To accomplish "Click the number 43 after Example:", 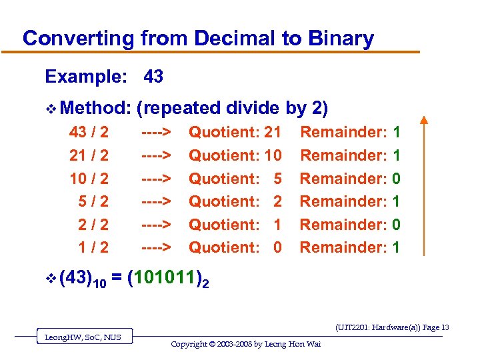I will click(153, 77).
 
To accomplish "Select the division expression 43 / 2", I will click(89, 133).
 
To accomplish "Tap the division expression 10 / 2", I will click(89, 179).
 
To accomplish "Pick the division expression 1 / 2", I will click(94, 247).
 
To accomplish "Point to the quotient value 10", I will click(273, 155).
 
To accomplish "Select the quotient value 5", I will click(278, 179).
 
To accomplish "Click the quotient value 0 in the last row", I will click(278, 247).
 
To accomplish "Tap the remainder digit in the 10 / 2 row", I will click(397, 179).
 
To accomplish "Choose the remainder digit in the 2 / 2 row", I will click(397, 225).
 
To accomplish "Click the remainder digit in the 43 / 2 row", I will click(397, 133).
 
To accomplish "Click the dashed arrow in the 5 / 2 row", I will click(157, 201).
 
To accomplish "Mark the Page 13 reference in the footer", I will click(435, 327).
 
